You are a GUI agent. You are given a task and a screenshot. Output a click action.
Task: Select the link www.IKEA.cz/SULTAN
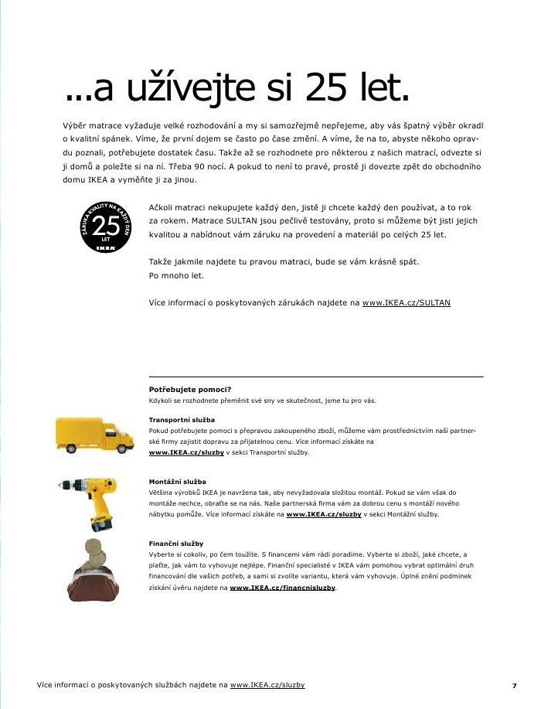[x=406, y=303]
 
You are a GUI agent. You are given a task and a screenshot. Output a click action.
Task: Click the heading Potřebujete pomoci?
[x=190, y=389]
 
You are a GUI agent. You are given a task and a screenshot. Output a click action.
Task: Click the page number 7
[x=514, y=685]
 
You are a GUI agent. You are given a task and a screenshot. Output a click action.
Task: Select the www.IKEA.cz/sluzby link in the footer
[x=267, y=685]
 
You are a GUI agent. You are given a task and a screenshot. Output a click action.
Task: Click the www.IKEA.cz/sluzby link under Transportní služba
[x=186, y=452]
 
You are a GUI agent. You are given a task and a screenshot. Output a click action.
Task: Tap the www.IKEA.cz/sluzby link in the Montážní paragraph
[x=324, y=514]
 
